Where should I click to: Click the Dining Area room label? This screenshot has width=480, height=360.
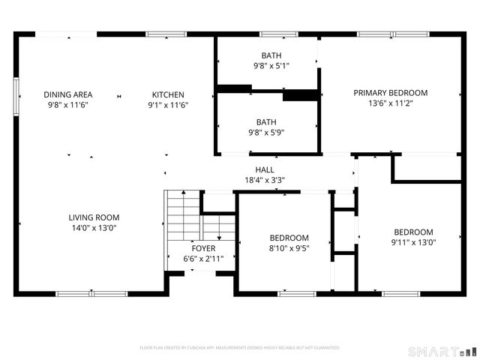67,94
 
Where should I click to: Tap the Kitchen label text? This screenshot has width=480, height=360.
168,94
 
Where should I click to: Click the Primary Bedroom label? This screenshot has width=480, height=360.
390,93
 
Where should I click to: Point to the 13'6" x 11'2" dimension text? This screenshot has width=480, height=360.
390,103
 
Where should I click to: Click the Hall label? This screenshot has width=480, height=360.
264,170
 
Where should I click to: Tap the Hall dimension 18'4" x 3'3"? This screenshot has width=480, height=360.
264,180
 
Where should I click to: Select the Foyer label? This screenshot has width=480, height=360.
203,248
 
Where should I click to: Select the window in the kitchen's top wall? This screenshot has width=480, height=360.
166,34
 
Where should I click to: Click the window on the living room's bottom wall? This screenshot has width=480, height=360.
81,293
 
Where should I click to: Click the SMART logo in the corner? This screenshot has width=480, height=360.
441,351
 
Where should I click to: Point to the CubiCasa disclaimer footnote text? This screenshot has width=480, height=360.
240,348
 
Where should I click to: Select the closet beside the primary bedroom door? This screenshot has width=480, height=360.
427,168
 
